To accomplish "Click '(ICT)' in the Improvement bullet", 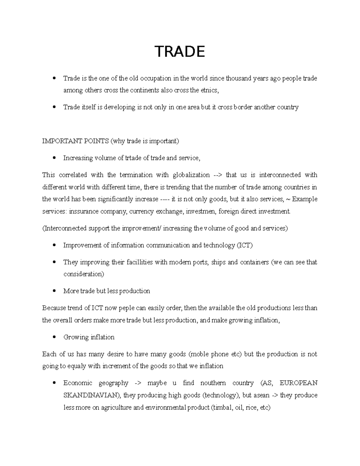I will [245, 245].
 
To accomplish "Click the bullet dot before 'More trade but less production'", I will [54, 291].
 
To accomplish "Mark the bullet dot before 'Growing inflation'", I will [54, 337].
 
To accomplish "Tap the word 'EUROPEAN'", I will [298, 383].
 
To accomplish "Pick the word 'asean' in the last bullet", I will [261, 395].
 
